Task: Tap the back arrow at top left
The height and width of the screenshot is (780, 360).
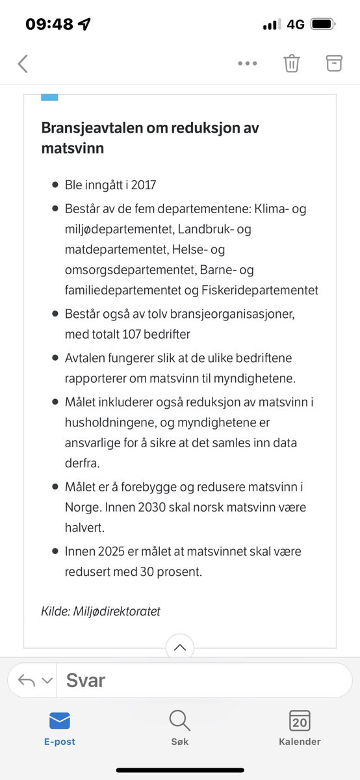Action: pyautogui.click(x=23, y=64)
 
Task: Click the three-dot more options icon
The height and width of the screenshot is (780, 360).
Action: pyautogui.click(x=248, y=64)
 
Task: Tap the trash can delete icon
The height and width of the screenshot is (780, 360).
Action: pyautogui.click(x=291, y=63)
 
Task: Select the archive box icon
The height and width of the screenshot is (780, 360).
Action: pyautogui.click(x=333, y=63)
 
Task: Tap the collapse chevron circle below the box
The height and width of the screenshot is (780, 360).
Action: pyautogui.click(x=180, y=648)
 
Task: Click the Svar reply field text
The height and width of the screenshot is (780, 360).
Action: pyautogui.click(x=85, y=681)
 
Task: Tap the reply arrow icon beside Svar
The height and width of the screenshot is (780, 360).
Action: pyautogui.click(x=27, y=681)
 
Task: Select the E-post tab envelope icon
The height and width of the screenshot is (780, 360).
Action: pyautogui.click(x=60, y=720)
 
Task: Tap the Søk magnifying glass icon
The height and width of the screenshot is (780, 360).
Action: pyautogui.click(x=179, y=720)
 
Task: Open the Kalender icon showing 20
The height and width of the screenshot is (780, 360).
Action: pyautogui.click(x=300, y=720)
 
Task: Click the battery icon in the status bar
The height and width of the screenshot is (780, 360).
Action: pyautogui.click(x=322, y=24)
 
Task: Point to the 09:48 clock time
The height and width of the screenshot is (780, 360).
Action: pyautogui.click(x=50, y=24)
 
